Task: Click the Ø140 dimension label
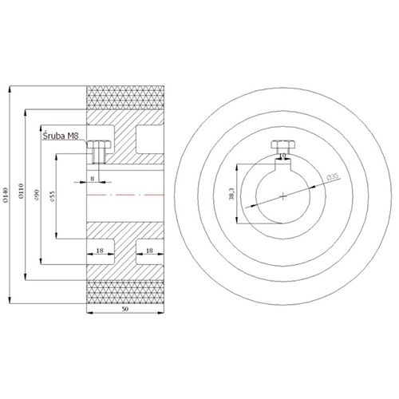pos(6,195)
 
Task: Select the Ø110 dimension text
pos(22,191)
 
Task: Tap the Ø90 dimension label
pos(37,195)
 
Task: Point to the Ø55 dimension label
pos(52,196)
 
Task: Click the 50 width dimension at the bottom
pos(125,309)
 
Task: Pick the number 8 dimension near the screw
pos(93,179)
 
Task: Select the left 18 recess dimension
pos(100,251)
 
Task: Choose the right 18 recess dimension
pos(149,251)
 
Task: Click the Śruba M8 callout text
pos(61,136)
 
